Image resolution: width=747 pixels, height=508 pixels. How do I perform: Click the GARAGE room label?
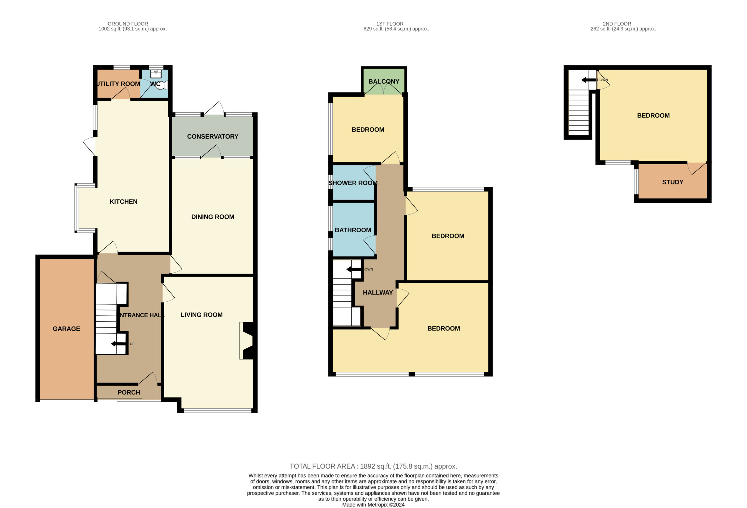[x=66, y=329]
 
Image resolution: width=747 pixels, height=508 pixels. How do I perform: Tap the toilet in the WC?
[x=162, y=85]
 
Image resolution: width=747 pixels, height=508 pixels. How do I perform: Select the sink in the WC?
[x=156, y=74]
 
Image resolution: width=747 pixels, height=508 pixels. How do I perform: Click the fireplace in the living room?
[x=247, y=341]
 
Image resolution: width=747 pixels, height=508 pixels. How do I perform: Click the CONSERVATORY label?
[x=212, y=137]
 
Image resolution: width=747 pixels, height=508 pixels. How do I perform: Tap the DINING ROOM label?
[x=212, y=217]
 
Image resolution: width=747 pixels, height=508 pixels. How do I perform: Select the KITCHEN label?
[x=123, y=202]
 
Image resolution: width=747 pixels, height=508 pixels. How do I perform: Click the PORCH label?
[x=129, y=393]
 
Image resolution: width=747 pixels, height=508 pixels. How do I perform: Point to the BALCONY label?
[x=384, y=82]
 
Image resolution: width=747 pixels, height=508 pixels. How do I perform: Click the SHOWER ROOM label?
[x=352, y=183]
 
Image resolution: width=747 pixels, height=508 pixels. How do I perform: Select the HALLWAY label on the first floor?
[x=378, y=293]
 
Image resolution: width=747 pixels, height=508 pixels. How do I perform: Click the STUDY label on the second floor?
[x=672, y=182]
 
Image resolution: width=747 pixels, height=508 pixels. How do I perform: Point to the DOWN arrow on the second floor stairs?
[x=589, y=80]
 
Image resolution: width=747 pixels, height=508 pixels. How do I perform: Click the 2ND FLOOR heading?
[x=617, y=24]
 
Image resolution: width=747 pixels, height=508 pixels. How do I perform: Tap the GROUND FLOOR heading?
[x=128, y=24]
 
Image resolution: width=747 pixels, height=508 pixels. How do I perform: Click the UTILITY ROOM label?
[x=118, y=84]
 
